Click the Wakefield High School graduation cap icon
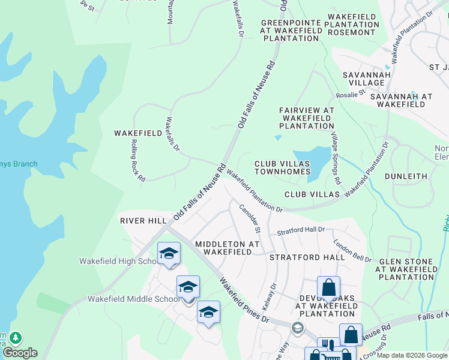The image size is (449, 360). click(169, 253)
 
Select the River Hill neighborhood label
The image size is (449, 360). click(143, 221)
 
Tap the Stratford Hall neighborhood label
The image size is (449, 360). click(307, 257)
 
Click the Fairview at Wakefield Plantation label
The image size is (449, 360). click(306, 118)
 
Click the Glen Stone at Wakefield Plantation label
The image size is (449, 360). click(405, 269)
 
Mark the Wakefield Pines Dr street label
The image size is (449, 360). click(244, 299)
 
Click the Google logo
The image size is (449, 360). click(20, 353)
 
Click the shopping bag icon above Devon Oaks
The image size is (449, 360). click(328, 288)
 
